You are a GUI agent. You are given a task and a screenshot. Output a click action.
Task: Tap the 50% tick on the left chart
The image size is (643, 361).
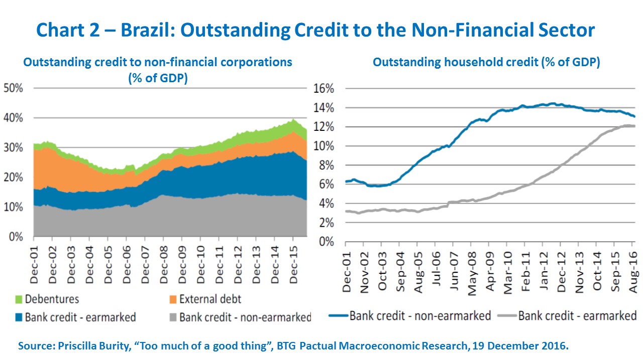pyautogui.click(x=14, y=88)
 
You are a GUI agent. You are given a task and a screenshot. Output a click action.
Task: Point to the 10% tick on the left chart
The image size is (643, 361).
pyautogui.click(x=14, y=207)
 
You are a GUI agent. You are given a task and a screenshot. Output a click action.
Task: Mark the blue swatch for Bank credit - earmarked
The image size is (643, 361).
pyautogui.click(x=18, y=317)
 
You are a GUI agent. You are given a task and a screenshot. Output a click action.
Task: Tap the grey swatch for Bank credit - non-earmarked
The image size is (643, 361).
pyautogui.click(x=172, y=317)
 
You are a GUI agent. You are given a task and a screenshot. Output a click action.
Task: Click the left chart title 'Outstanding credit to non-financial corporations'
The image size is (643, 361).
pyautogui.click(x=158, y=63)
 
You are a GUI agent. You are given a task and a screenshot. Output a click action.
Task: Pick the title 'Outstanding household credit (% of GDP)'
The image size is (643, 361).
pyautogui.click(x=486, y=63)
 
